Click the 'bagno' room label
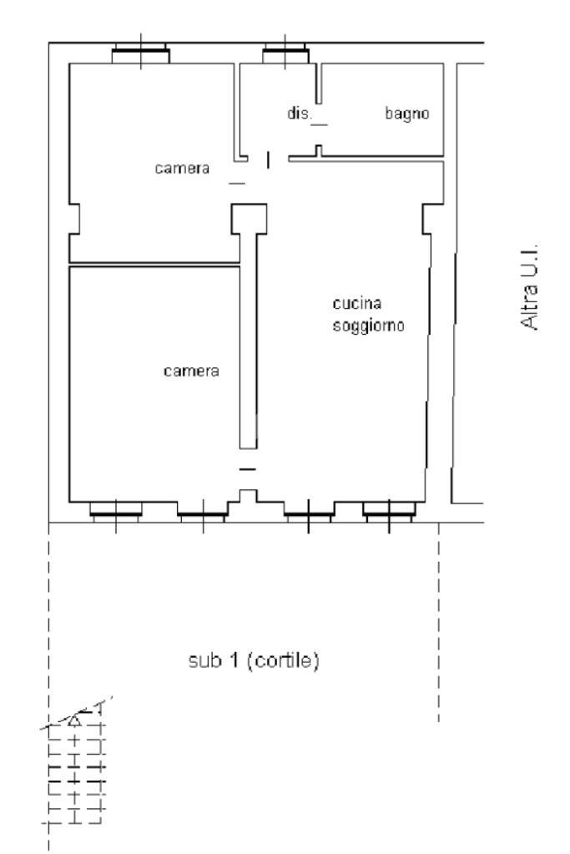(x=406, y=114)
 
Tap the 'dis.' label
(x=300, y=113)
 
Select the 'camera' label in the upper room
(x=182, y=169)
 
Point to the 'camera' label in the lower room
(x=191, y=371)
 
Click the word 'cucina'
(x=356, y=303)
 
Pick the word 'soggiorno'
(x=369, y=326)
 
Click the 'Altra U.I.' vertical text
(x=529, y=286)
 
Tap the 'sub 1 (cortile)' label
(x=253, y=660)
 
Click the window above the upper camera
(x=140, y=54)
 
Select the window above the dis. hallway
(x=285, y=54)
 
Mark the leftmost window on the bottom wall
(x=115, y=511)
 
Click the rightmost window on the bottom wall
(x=389, y=511)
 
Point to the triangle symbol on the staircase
(x=74, y=721)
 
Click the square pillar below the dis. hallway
(x=249, y=219)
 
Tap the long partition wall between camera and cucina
(x=248, y=341)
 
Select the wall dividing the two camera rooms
(x=154, y=265)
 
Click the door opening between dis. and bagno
(x=319, y=124)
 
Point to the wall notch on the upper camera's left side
(x=74, y=219)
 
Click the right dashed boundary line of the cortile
(x=438, y=622)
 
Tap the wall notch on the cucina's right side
(x=428, y=219)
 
